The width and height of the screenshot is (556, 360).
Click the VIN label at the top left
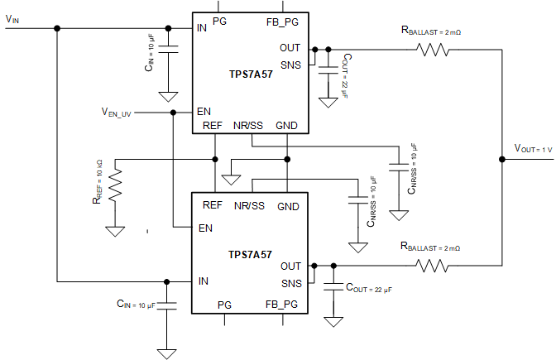[x=12, y=18]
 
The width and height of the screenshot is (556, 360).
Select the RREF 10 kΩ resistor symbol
[x=115, y=187]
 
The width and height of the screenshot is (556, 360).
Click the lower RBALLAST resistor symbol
[x=434, y=266]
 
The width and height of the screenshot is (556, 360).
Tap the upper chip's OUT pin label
[x=290, y=48]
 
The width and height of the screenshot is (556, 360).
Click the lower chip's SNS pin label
[x=290, y=282]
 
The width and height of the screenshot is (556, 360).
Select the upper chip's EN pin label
[x=203, y=111]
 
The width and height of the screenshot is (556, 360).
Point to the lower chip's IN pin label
[x=202, y=281]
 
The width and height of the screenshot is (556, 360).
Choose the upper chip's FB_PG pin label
[x=281, y=21]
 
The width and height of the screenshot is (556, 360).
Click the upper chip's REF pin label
[x=213, y=126]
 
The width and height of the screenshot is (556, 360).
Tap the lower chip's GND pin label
[x=289, y=205]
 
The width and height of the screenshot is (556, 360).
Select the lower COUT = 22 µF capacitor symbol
[x=333, y=286]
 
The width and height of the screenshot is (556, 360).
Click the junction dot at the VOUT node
[x=502, y=157]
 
